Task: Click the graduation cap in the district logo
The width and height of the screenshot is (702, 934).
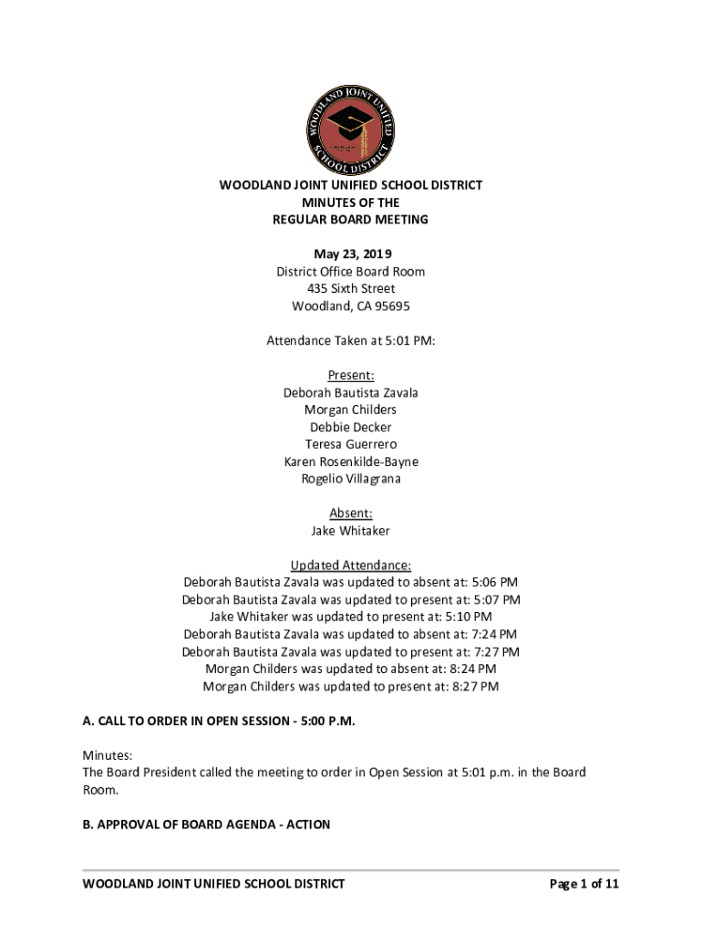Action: tap(349, 124)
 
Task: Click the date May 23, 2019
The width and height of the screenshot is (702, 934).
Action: tap(351, 254)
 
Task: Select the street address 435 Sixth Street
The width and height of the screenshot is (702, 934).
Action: tap(351, 288)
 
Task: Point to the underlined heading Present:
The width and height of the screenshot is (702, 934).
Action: tap(351, 375)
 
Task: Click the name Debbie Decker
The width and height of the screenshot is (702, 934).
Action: tap(351, 427)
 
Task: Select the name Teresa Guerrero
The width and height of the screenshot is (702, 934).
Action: tap(351, 444)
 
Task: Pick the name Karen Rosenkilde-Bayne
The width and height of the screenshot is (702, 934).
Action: tap(351, 462)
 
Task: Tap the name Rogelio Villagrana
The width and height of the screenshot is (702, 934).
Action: tap(351, 479)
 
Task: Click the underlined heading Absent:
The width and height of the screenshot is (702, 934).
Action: tap(351, 514)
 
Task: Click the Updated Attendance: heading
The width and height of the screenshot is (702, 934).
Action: tap(351, 566)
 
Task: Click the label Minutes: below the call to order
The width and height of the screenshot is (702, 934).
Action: tap(108, 756)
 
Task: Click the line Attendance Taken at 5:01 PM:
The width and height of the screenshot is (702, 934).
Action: tap(351, 340)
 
